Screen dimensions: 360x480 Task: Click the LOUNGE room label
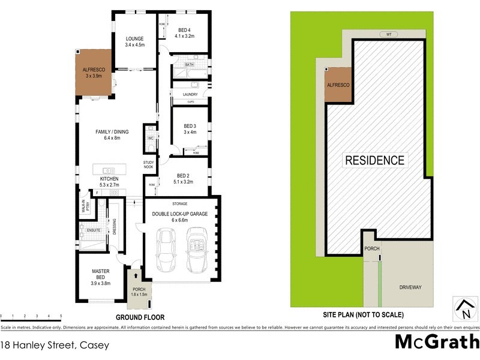click(x=134, y=39)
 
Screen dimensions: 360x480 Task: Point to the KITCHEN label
click(x=109, y=179)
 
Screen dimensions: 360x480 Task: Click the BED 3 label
click(x=190, y=126)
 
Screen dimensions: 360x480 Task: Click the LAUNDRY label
click(x=190, y=93)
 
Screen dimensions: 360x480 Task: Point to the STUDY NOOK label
click(x=149, y=164)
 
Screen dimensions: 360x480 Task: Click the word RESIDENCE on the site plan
click(x=374, y=160)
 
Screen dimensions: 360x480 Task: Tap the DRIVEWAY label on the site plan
click(x=410, y=287)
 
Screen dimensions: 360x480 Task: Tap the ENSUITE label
click(x=94, y=230)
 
